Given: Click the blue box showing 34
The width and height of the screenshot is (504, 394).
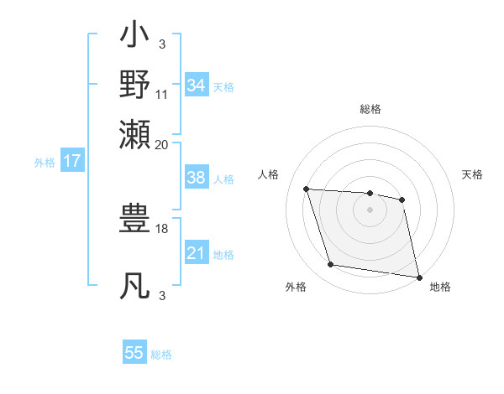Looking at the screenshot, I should pos(197,86).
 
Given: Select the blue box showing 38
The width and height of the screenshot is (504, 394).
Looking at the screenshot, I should pos(197,178).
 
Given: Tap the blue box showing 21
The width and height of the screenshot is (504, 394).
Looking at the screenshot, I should pos(197,253).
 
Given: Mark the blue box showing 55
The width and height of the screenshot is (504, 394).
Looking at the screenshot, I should pos(134,353).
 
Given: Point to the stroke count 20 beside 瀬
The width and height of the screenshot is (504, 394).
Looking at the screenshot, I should pos(162,144).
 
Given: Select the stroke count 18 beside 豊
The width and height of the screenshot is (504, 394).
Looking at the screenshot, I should pos(162,228).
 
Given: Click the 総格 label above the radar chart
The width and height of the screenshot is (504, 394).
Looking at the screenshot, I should pos(370,109).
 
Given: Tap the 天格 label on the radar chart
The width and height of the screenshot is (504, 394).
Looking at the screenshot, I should pos(473,174).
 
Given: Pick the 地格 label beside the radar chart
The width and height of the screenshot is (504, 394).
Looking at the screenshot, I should pos(440,288).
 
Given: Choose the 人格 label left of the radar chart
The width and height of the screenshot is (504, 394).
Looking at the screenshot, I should pos(269,174).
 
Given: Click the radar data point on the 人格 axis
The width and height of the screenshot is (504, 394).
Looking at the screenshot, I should pos(307,189).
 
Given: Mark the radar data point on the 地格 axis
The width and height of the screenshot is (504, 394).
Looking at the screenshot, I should pos(417,277).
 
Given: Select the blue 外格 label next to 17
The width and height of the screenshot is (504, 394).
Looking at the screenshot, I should pos(44,163).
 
